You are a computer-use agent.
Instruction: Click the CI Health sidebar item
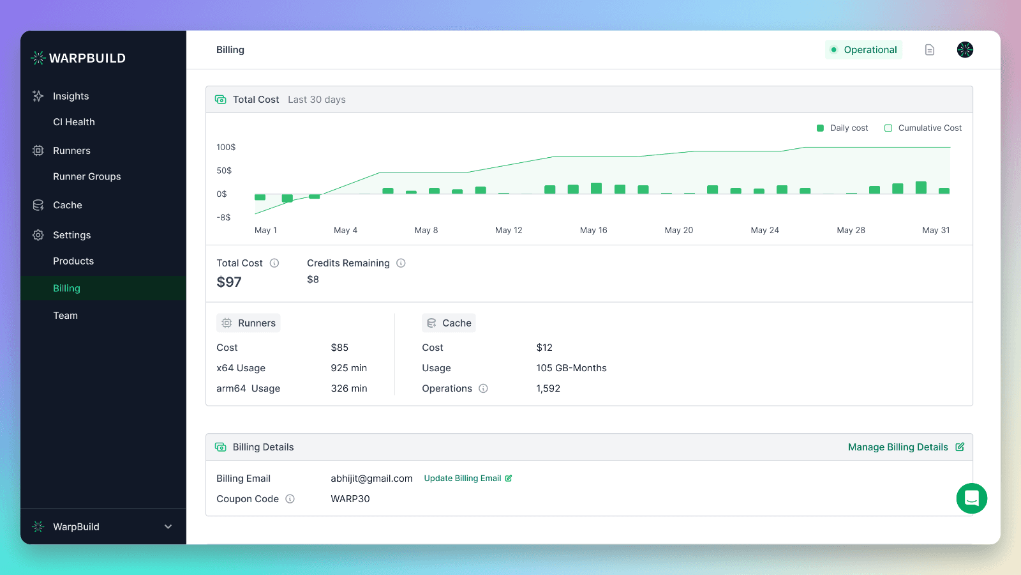click(x=74, y=122)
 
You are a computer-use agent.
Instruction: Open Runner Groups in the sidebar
click(x=87, y=176)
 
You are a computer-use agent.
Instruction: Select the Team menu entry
click(x=66, y=316)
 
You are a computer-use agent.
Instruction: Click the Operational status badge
click(x=863, y=50)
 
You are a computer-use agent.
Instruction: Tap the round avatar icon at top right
click(x=965, y=50)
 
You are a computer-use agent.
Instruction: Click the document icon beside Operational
click(x=930, y=50)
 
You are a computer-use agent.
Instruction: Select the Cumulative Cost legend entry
click(x=923, y=128)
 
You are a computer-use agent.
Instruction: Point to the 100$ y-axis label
click(x=226, y=147)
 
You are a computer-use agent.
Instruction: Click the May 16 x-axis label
click(x=593, y=230)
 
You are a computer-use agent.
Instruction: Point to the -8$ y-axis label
click(x=223, y=217)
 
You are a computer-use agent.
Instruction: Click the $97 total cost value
click(x=229, y=282)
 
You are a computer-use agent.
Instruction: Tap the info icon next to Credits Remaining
click(x=401, y=263)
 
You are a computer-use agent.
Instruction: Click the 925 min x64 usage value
click(x=348, y=368)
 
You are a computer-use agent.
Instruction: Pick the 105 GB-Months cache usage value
click(x=571, y=368)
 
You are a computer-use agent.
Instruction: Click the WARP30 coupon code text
click(x=350, y=499)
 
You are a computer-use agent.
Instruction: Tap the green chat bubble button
click(x=971, y=498)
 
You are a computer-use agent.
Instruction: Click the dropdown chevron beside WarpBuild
click(x=168, y=526)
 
